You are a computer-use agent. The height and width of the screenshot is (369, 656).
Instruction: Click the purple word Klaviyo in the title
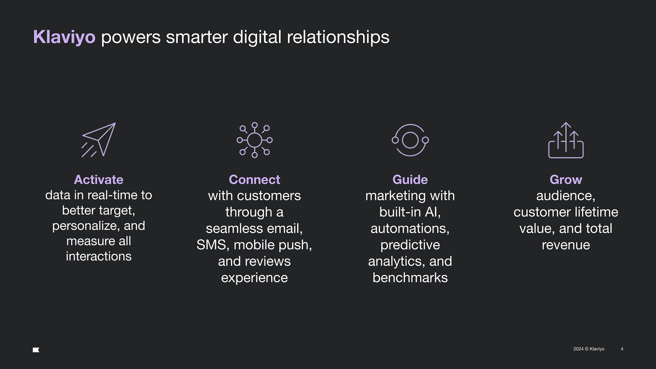[x=64, y=37]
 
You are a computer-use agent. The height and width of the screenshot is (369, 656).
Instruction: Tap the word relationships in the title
[x=338, y=37]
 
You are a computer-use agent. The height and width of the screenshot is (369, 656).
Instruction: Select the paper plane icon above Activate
[x=99, y=140]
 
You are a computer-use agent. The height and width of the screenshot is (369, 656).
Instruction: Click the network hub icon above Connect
[x=255, y=140]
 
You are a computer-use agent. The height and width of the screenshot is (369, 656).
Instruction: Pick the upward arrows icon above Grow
[x=566, y=140]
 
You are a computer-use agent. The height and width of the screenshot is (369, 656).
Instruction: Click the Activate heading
[x=99, y=179]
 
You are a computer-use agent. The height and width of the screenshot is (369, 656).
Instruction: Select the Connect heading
[x=255, y=179]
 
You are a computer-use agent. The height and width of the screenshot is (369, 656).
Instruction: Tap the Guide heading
[x=410, y=179]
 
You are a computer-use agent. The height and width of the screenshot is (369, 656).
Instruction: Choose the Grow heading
[x=566, y=179]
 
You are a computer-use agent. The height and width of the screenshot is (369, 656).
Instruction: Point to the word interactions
[x=99, y=256]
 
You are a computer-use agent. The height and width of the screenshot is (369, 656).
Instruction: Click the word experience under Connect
[x=255, y=278]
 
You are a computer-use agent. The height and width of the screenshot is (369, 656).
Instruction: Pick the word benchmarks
[x=410, y=278]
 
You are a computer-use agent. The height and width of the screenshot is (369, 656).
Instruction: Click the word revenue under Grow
[x=566, y=245]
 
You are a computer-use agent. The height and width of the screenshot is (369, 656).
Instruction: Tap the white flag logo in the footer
[x=36, y=350]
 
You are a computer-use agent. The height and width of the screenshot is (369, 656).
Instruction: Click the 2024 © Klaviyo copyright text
[x=589, y=349]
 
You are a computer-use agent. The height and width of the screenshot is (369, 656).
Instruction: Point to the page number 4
[x=622, y=349]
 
